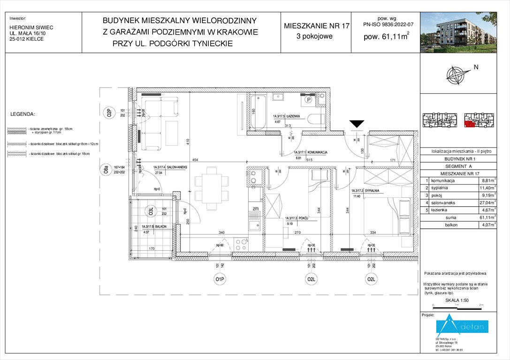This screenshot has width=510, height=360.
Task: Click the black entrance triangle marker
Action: (x=357, y=124)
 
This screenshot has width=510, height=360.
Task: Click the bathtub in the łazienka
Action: (x=258, y=112)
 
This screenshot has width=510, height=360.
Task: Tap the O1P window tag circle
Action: (x=219, y=280)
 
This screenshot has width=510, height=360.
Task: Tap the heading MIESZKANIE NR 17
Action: (x=316, y=26)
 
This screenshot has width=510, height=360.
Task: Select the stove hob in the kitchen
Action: (x=241, y=244)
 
